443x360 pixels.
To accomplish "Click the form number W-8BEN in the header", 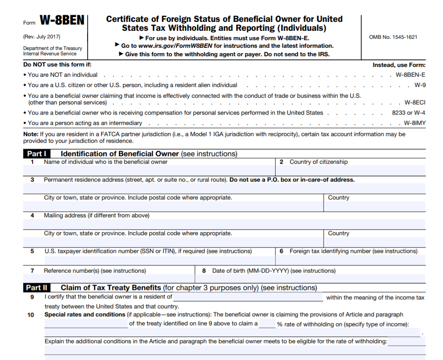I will coord(62,21).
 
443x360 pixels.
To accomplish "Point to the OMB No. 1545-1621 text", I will coord(393,37).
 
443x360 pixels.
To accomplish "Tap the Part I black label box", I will coord(37,154).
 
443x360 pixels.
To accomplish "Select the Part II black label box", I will coord(37,288).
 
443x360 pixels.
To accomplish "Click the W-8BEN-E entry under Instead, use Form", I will coord(410,75).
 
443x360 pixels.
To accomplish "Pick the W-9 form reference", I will coord(420,85).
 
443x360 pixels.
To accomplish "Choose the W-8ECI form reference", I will coord(415,103).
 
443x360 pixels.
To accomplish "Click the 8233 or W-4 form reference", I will coord(409,113).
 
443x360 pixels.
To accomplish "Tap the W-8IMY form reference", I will coord(414,123).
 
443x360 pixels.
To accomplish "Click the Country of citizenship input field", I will coord(350,170).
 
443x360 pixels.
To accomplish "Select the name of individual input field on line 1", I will coord(149,170).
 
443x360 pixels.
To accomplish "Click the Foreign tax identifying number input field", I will coord(350,260).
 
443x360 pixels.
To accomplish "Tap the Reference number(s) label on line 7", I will coord(95,271).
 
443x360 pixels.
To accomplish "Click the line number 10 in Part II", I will coord(31,315).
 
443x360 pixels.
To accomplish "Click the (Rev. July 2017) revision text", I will coord(42,37).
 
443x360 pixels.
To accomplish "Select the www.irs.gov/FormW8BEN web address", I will coord(176,46).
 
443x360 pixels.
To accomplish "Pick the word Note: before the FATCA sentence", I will coord(30,134).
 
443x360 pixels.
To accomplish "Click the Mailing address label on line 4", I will coord(96,215).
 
